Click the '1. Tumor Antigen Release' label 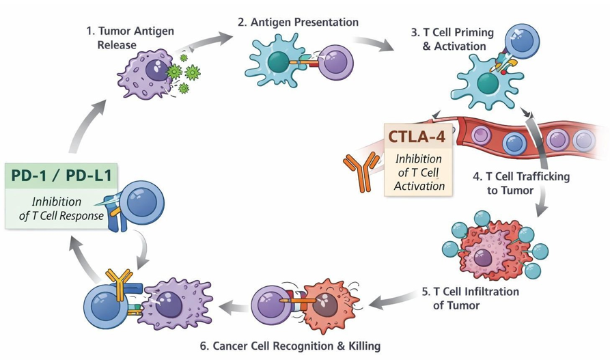[x=130, y=38]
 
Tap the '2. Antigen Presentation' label [x=298, y=23]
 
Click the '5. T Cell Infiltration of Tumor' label [x=469, y=299]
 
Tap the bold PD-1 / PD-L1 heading [x=61, y=176]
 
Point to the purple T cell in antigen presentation [x=337, y=64]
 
